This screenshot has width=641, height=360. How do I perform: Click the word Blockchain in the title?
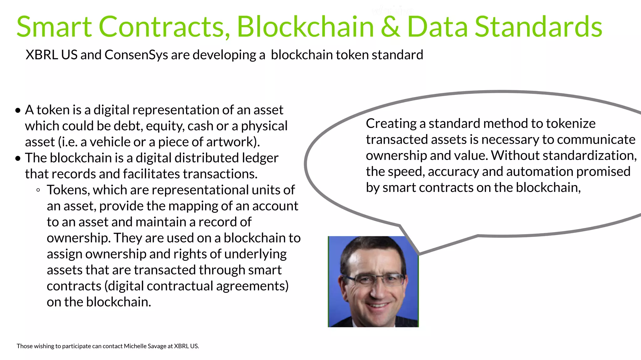click(x=305, y=27)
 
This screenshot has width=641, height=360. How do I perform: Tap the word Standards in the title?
click(x=538, y=27)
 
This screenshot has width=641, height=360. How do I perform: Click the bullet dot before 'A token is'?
click(x=18, y=111)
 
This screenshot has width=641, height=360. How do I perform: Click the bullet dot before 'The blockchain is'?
click(x=18, y=158)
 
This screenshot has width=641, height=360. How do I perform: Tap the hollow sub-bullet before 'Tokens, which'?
click(x=38, y=190)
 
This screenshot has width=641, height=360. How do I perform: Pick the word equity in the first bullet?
click(x=165, y=126)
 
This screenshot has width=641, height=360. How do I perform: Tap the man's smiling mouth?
click(x=377, y=305)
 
